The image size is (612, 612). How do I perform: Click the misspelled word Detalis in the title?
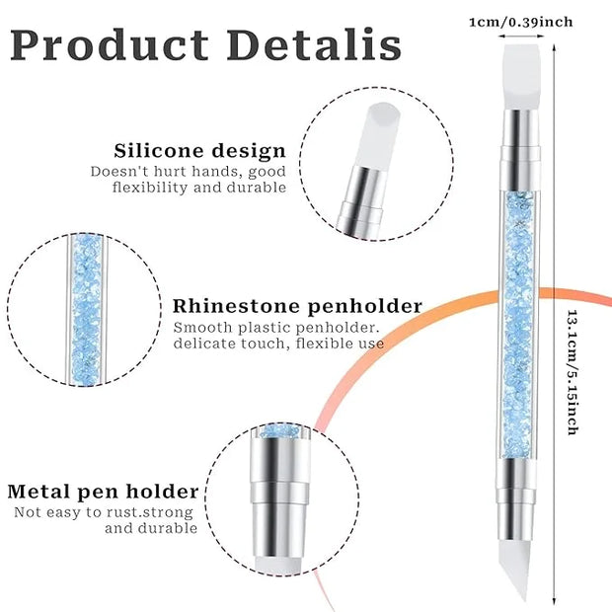313,45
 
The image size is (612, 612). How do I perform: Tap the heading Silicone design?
200,151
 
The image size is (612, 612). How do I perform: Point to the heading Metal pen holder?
103,492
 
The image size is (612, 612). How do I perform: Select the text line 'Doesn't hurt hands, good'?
189,171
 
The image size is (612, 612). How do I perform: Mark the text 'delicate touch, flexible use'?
279,344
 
